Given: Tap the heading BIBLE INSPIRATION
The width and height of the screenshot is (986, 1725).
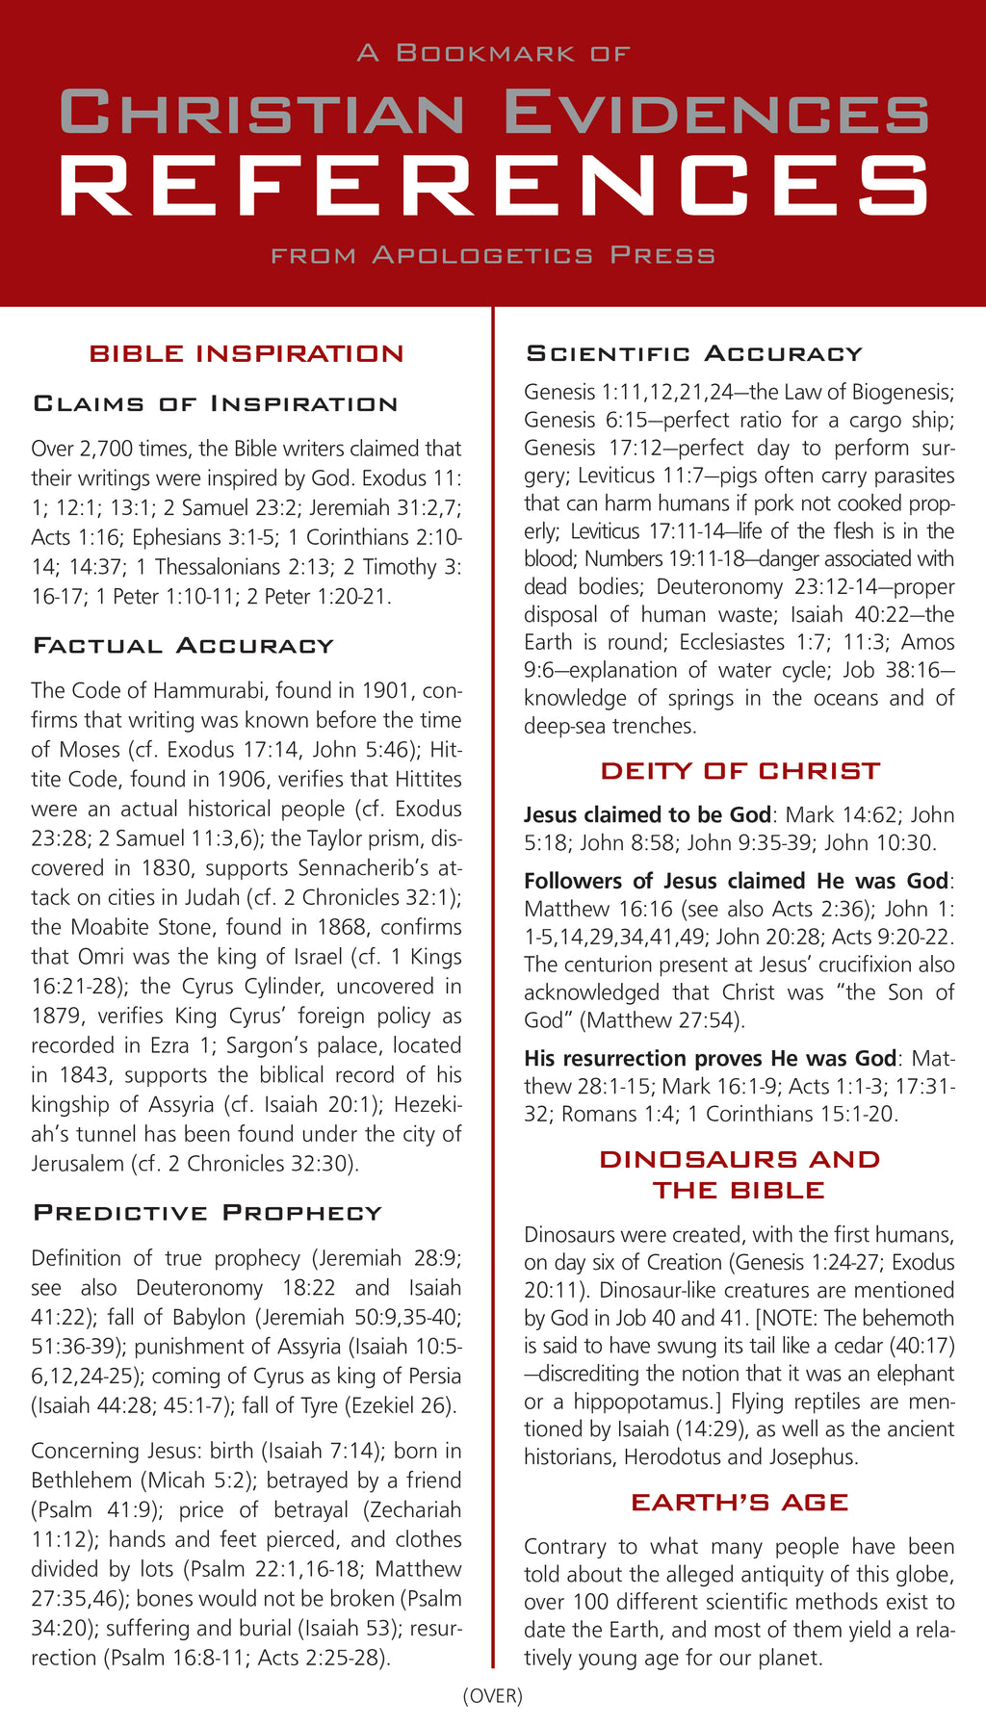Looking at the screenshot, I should coord(246,353).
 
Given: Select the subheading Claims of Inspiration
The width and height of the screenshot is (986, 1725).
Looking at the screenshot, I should coord(216,403).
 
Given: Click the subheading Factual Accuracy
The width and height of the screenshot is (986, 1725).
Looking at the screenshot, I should coord(183,645).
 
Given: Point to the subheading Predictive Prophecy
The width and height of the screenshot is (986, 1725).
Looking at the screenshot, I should coord(207,1212).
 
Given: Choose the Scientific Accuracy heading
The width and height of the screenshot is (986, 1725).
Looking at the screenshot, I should coord(693,353).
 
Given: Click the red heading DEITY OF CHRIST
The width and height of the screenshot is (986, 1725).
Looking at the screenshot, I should coord(739,771).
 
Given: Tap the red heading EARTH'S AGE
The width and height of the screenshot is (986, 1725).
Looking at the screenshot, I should coord(739,1503).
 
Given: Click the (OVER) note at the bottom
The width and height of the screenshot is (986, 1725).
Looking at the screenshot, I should coord(493,1695).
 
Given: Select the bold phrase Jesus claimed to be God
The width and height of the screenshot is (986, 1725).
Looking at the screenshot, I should coord(647,815).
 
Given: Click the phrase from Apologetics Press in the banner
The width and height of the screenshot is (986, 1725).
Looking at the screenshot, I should coord(493,256).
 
